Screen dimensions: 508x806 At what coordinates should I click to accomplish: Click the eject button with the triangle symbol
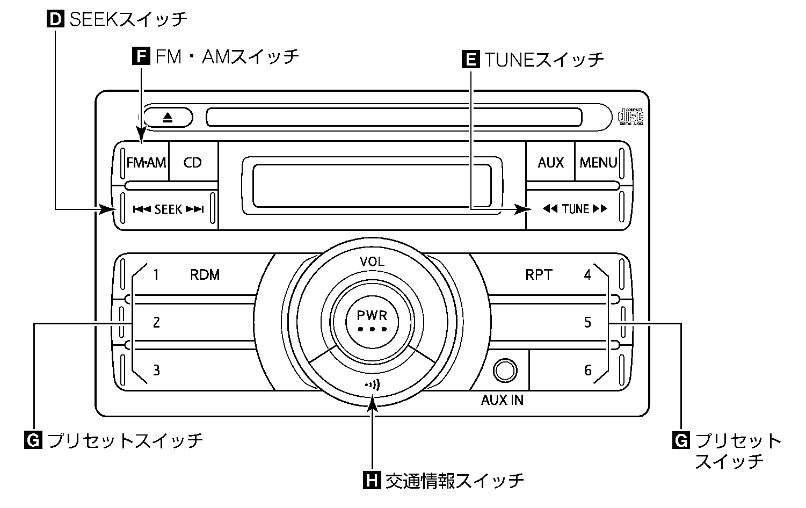click(168, 117)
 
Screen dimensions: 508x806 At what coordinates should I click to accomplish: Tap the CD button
click(192, 162)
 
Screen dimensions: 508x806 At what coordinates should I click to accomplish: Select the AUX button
click(550, 162)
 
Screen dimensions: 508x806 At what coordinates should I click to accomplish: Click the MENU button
click(598, 162)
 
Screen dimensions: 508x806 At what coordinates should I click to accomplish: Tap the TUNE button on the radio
click(575, 209)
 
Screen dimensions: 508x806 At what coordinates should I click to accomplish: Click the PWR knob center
click(372, 319)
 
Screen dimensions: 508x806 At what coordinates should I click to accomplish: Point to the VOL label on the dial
click(372, 262)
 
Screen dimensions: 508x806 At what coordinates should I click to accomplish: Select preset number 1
click(156, 275)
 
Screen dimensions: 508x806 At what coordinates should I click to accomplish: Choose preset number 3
click(156, 370)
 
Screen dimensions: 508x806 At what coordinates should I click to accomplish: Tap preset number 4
click(587, 275)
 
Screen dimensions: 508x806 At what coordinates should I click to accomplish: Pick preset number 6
click(587, 370)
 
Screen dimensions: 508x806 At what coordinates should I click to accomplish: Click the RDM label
click(205, 275)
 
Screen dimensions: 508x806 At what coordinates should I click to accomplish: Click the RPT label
click(538, 275)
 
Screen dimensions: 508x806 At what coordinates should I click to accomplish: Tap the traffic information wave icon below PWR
click(372, 384)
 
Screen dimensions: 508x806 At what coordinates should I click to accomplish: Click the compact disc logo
click(630, 116)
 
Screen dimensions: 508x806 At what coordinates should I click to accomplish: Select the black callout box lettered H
click(372, 480)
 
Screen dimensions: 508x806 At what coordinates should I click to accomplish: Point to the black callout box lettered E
click(470, 59)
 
